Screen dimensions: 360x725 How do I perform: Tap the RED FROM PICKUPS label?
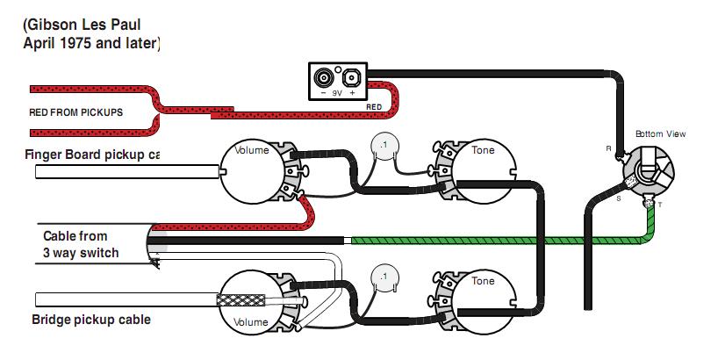(x=75, y=112)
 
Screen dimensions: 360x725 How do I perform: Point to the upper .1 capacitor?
(x=383, y=145)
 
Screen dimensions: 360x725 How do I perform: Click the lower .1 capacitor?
(x=382, y=276)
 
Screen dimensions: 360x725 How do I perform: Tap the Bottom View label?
(x=661, y=133)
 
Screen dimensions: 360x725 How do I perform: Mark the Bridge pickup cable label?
(x=90, y=320)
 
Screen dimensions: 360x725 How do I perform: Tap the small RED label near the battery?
(x=374, y=107)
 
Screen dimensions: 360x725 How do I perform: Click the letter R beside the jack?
(x=608, y=148)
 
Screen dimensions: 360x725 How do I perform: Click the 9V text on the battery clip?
(x=337, y=92)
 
